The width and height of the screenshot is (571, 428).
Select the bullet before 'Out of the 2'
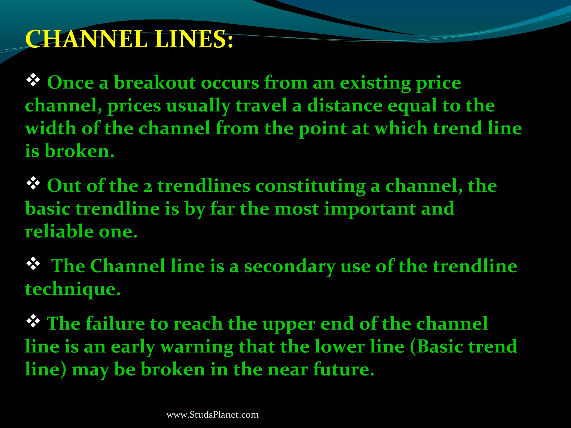pyautogui.click(x=33, y=183)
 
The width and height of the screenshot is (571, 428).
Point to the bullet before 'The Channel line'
pyautogui.click(x=33, y=264)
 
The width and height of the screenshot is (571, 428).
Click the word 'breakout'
pyautogui.click(x=155, y=83)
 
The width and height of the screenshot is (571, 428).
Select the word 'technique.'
pyautogui.click(x=73, y=290)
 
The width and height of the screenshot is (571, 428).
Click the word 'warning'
pyautogui.click(x=197, y=347)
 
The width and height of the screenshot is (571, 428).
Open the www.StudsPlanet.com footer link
pyautogui.click(x=212, y=415)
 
